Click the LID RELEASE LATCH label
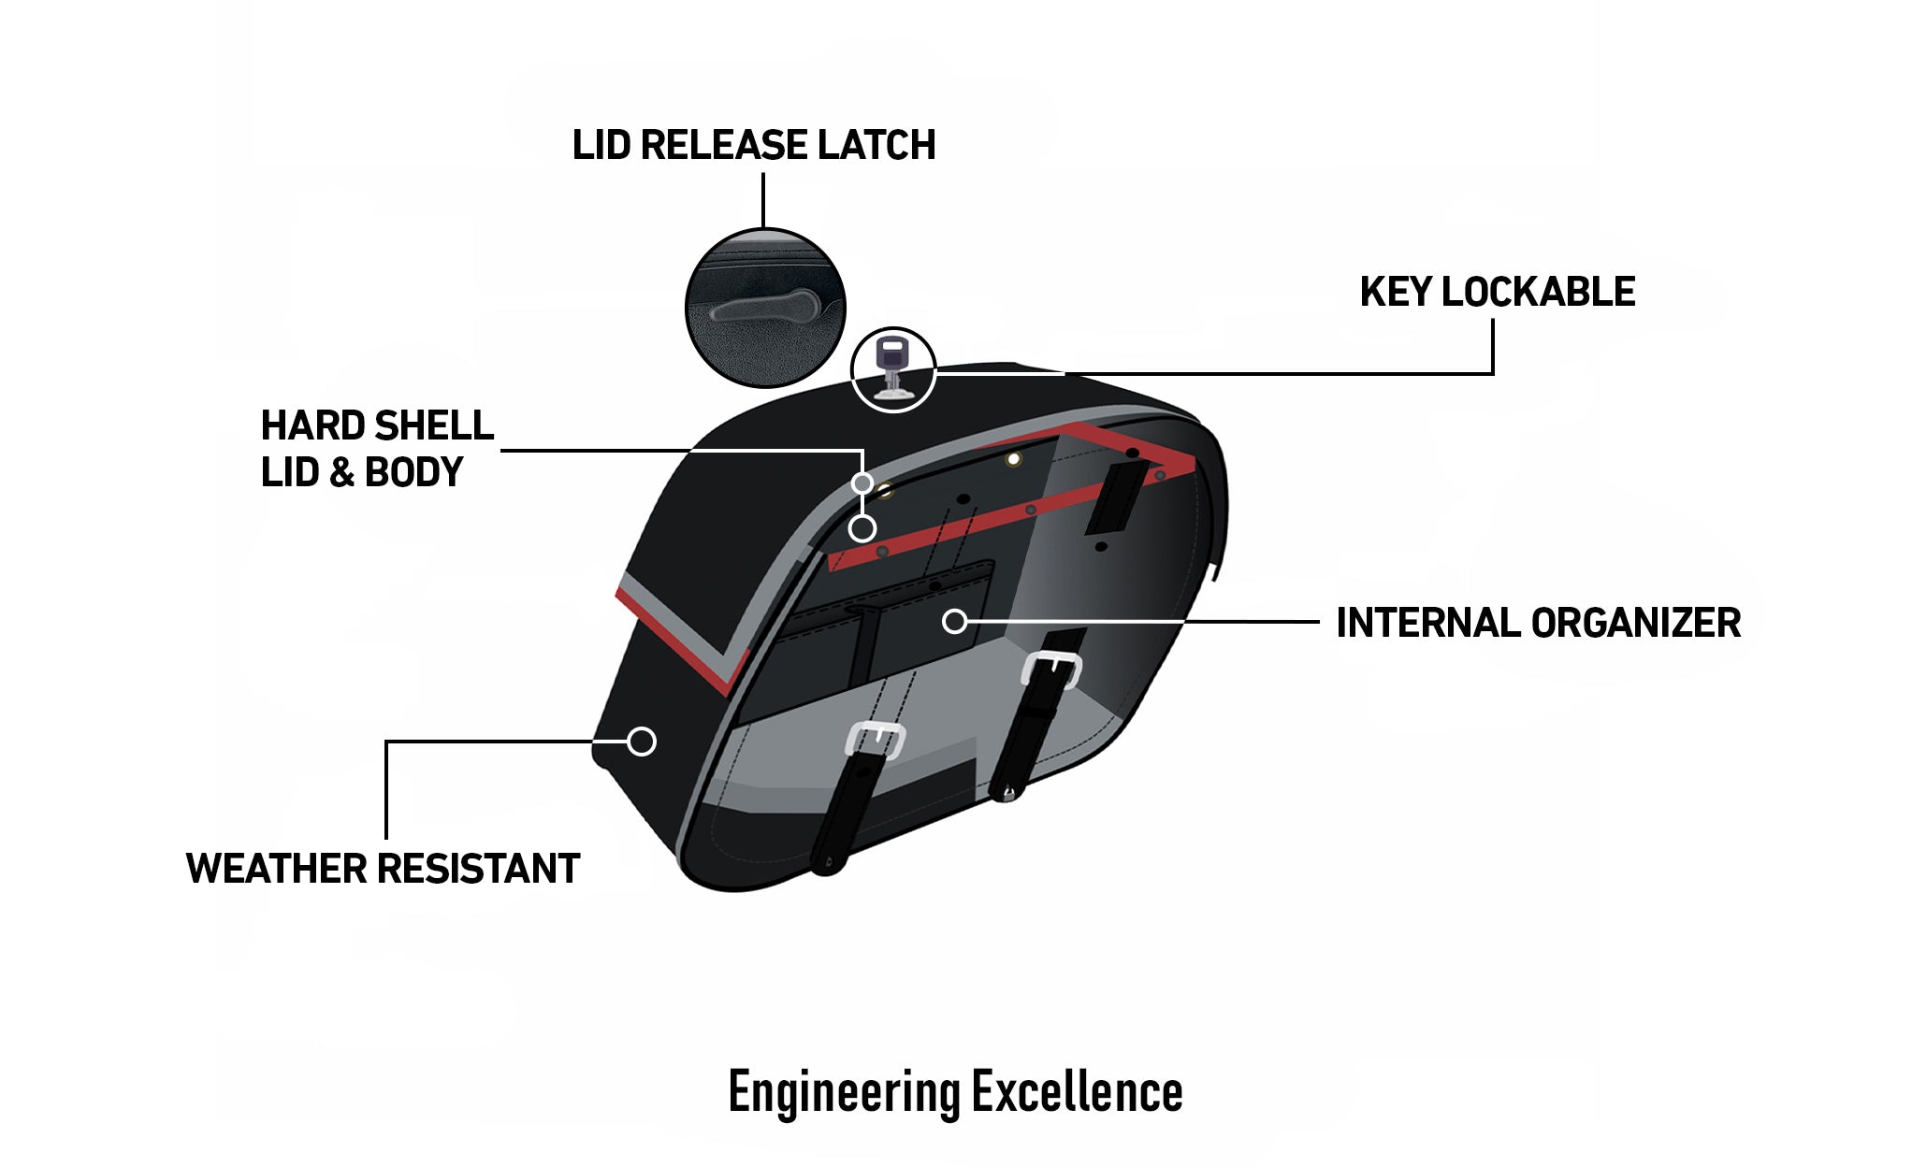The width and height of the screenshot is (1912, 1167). tap(753, 146)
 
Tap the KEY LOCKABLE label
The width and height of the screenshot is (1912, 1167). tap(1497, 292)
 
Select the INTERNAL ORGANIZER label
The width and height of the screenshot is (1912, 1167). tap(1538, 623)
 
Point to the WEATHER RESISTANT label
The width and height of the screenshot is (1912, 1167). tap(383, 869)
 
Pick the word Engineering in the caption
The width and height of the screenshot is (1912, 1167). tap(844, 1091)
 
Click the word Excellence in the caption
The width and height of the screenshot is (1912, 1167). tap(1077, 1091)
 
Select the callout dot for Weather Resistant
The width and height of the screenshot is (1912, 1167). tap(642, 742)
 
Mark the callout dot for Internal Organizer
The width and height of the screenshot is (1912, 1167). tap(954, 621)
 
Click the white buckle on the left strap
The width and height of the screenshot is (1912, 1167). tap(876, 740)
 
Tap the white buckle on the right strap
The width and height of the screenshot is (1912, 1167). tap(1052, 668)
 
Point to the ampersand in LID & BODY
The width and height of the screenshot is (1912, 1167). tap(341, 473)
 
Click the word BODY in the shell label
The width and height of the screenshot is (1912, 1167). tap(413, 473)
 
